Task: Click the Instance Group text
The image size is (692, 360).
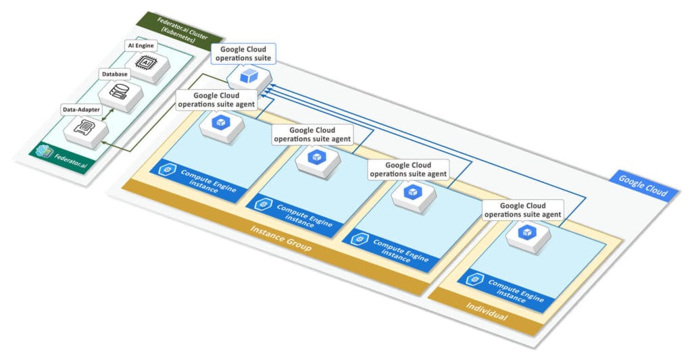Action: click(280, 239)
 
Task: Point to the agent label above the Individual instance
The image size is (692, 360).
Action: click(523, 210)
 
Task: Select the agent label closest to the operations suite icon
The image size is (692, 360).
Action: click(215, 100)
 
